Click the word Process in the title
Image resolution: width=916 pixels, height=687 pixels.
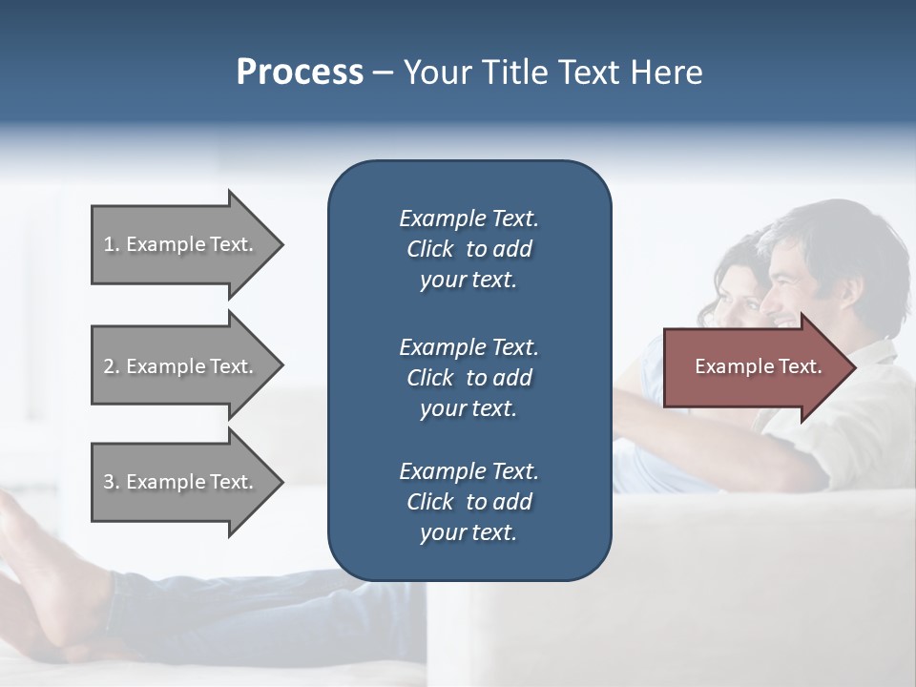click(x=300, y=73)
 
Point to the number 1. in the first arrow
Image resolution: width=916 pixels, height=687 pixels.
click(x=112, y=244)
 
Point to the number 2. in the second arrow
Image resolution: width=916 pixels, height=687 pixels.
click(x=112, y=366)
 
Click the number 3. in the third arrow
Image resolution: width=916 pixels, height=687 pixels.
click(x=112, y=482)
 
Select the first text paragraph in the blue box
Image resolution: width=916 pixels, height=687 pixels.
click(x=468, y=249)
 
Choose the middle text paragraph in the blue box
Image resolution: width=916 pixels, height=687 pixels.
click(x=468, y=377)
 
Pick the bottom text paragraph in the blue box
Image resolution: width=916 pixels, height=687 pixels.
click(x=468, y=502)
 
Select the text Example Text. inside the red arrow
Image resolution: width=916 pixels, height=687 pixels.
click(x=758, y=366)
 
